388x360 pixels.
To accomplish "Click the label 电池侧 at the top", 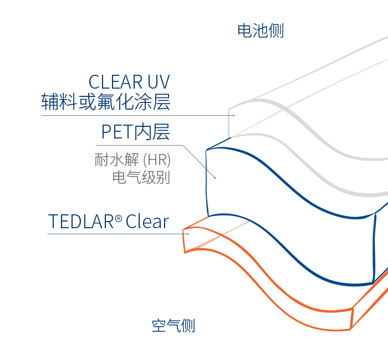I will coord(261,30).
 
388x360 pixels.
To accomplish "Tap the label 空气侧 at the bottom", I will coord(173,326).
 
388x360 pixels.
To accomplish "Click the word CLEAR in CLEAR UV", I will coord(115,82).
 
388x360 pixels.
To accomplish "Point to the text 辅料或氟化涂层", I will coord(105,102).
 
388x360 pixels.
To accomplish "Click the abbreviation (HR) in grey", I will coord(156,161).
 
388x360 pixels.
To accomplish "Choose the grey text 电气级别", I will coord(141,177).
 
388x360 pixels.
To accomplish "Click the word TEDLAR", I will coord(81,222).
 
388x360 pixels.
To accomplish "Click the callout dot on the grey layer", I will coord(233,115).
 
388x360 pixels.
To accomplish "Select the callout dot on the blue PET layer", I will coord(215,177).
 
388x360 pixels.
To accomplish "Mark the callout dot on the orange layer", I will coord(188,234).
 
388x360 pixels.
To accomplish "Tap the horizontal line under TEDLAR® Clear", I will coord(111,234).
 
